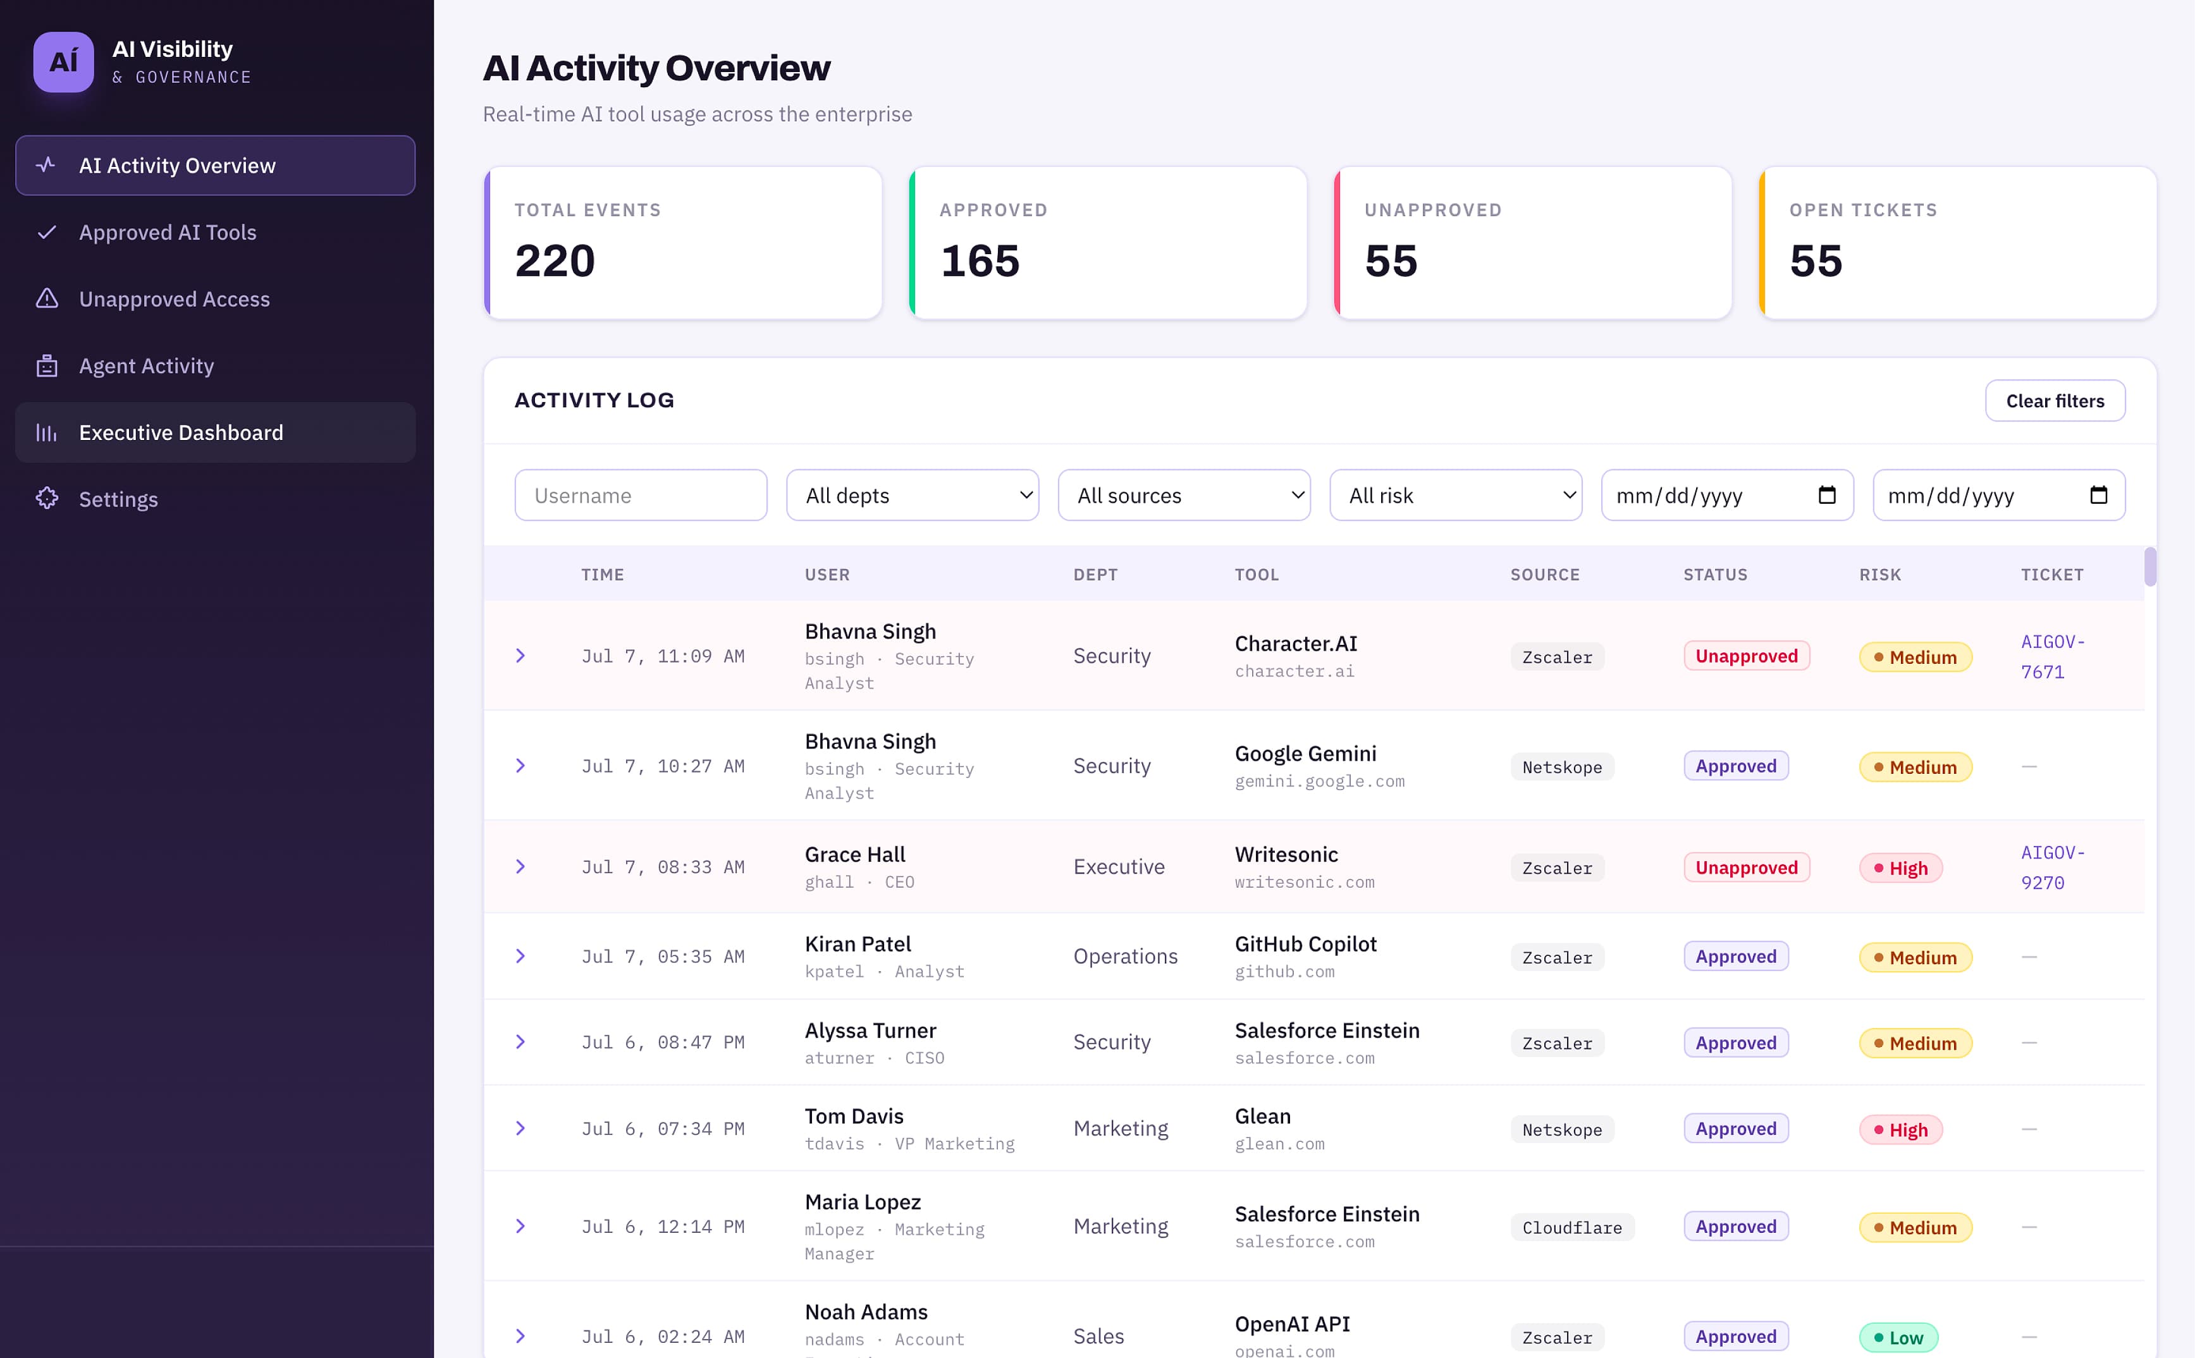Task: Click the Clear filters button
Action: click(x=2054, y=401)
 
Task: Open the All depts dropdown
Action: click(x=913, y=495)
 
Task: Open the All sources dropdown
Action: click(x=1184, y=495)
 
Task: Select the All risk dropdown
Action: click(x=1456, y=495)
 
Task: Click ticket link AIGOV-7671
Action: click(x=2052, y=656)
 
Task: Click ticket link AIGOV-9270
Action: click(x=2052, y=867)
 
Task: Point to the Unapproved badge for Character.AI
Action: click(x=1746, y=656)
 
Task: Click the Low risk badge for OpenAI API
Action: click(x=1898, y=1337)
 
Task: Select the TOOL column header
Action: click(x=1257, y=575)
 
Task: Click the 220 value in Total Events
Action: click(x=555, y=261)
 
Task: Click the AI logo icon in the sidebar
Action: click(x=64, y=62)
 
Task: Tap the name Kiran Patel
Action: click(x=858, y=944)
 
